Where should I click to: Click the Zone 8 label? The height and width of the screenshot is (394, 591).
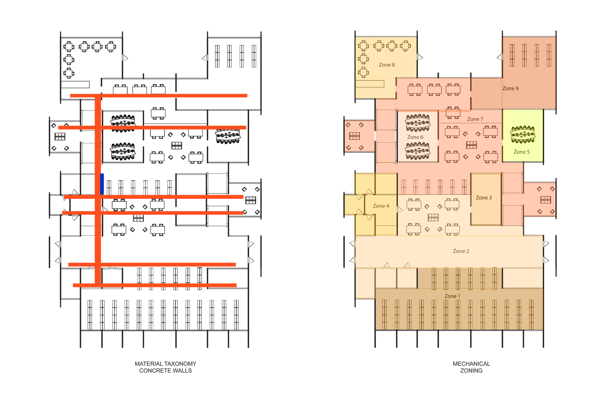[x=386, y=65]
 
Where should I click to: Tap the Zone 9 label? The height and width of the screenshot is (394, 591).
[x=510, y=88]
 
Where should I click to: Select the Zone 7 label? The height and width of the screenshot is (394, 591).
[x=475, y=119]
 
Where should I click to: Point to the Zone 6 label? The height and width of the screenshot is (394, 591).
[x=415, y=137]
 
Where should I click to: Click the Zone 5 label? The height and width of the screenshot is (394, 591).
[x=522, y=152]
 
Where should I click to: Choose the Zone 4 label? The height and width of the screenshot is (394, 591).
[x=381, y=206]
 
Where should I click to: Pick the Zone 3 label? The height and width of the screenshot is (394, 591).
[x=484, y=198]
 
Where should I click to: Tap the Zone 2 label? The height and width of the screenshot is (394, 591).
[x=461, y=251]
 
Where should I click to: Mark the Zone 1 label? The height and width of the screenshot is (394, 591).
[x=452, y=296]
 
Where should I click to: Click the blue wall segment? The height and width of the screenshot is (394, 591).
[x=102, y=184]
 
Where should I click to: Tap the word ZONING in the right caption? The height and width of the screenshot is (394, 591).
[x=471, y=370]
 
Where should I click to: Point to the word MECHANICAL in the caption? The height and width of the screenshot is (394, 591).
[x=471, y=364]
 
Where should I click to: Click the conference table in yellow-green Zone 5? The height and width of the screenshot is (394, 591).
[x=523, y=134]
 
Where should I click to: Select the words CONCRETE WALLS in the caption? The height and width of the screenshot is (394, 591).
[x=165, y=370]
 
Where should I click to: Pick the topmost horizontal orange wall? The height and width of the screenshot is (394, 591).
[x=158, y=96]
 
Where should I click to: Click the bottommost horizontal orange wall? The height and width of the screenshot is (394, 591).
[x=155, y=285]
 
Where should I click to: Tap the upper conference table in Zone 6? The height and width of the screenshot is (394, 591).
[x=418, y=123]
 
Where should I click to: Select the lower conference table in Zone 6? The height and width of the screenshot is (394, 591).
[x=418, y=151]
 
